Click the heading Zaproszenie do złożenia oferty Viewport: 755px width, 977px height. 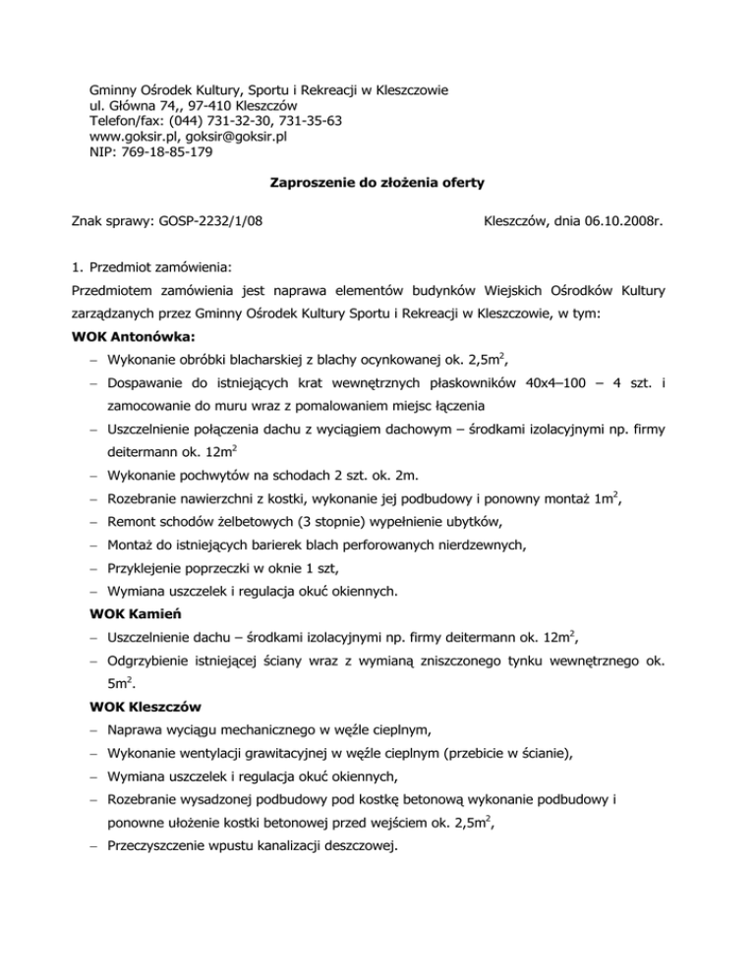(x=377, y=183)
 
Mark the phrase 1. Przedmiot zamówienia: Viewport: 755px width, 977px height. (x=150, y=265)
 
